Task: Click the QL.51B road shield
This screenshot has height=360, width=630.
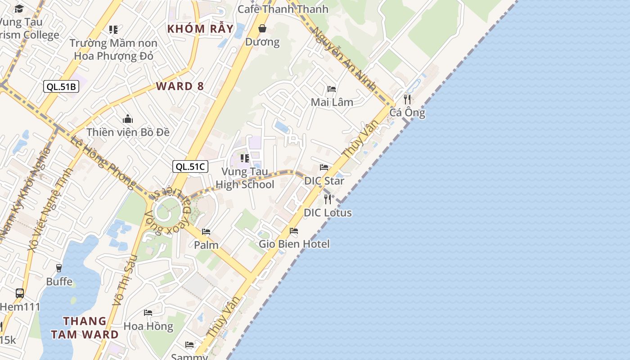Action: point(61,87)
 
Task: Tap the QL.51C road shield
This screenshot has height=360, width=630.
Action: point(190,166)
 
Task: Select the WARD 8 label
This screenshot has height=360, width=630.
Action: point(180,86)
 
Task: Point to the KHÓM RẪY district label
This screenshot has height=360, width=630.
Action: point(201,29)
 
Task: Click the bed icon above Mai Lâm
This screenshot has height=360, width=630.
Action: point(332,89)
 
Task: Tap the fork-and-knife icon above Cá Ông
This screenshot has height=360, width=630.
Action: point(407,99)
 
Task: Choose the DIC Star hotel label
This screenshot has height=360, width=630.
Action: point(324,181)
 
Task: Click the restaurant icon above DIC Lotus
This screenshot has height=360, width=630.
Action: point(328,199)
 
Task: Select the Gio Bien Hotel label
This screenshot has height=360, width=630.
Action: point(294,244)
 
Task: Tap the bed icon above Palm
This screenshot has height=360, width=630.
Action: point(206,232)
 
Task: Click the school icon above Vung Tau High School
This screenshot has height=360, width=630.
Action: point(245,158)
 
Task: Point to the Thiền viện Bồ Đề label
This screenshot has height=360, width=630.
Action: point(128,132)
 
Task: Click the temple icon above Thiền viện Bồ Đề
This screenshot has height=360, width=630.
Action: point(128,119)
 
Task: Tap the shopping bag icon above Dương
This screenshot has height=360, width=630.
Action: point(262,29)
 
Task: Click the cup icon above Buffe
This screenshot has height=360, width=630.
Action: point(59,268)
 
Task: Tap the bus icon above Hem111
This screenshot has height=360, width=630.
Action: point(20,293)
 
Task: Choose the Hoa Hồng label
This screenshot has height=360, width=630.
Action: point(148,326)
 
